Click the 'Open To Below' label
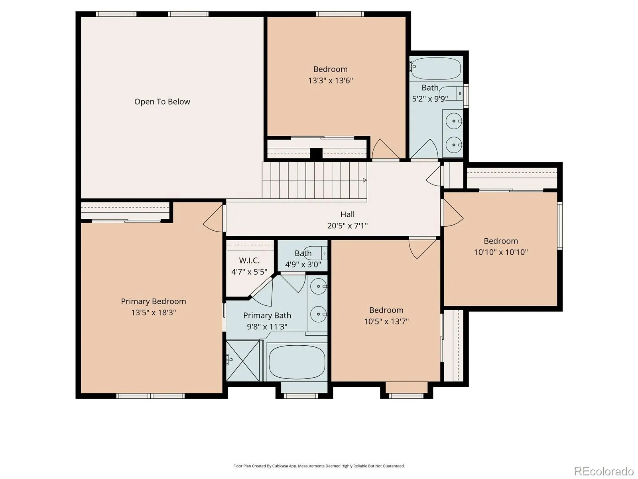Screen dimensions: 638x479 (x=162, y=101)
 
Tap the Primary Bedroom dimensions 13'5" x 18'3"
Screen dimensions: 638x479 (x=154, y=313)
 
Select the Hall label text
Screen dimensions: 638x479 (x=347, y=214)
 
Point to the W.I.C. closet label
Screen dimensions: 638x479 (x=249, y=260)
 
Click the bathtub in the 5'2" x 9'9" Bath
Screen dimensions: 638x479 (x=436, y=69)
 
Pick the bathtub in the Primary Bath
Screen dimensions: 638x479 (x=297, y=362)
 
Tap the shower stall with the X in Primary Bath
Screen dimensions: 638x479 (x=243, y=360)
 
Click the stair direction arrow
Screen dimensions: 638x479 (x=365, y=180)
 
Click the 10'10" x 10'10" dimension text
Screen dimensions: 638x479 (x=500, y=252)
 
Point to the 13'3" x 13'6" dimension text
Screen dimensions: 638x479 (x=331, y=81)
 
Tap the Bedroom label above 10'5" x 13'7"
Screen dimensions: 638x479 (x=386, y=310)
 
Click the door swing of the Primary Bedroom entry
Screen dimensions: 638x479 (x=214, y=218)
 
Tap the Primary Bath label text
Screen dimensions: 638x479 (x=267, y=316)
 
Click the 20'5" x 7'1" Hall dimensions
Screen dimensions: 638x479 (x=347, y=226)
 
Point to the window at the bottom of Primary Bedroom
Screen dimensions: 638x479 (x=151, y=396)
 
